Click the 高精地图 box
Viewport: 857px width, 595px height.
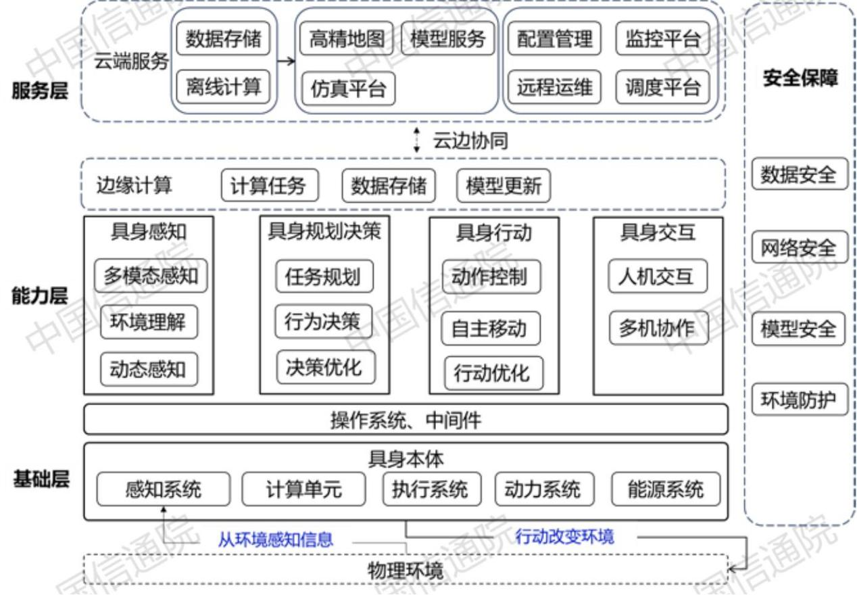coord(347,39)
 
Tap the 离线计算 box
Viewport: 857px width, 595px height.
coord(223,87)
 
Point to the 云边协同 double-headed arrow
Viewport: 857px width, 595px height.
coord(417,140)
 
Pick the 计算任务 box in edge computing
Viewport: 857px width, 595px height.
coord(269,185)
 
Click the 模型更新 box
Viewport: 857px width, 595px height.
coord(504,185)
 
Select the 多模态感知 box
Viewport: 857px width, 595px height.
coord(151,276)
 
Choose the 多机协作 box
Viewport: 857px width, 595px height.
coord(656,328)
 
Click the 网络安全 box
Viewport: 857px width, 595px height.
coord(798,248)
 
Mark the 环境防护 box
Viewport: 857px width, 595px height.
coord(798,402)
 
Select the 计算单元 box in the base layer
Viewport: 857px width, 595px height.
coord(303,489)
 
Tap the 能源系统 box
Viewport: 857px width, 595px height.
coord(666,488)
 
